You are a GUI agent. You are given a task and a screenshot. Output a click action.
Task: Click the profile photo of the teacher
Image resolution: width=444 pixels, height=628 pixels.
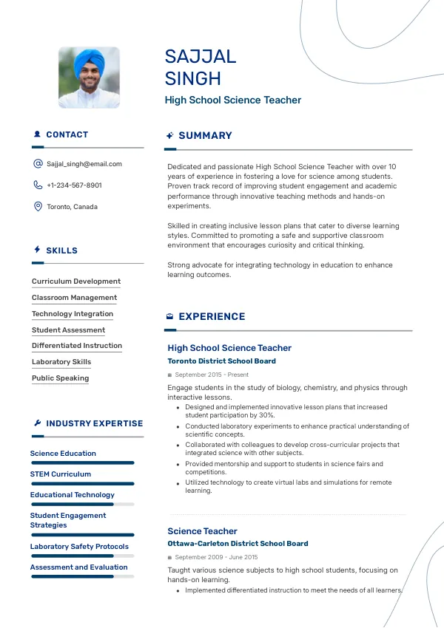coord(89,78)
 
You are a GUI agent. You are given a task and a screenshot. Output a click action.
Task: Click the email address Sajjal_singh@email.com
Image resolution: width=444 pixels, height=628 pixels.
coord(84,164)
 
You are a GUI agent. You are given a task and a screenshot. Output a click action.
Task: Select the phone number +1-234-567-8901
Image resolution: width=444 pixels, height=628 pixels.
coord(74,185)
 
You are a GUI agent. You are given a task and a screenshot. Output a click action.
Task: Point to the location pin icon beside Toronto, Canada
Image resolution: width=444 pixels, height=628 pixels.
coord(38,207)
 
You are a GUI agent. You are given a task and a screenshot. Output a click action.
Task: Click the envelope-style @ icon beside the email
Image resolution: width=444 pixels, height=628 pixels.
coord(38,164)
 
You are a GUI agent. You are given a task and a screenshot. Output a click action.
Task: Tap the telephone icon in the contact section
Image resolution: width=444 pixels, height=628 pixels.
coord(38,185)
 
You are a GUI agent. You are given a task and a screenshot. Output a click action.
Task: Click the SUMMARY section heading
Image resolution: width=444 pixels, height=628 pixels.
coord(205,136)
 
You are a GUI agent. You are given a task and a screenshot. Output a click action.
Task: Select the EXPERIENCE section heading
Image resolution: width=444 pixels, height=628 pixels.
coord(212,317)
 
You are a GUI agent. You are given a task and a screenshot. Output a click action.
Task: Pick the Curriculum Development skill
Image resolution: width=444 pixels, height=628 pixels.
coord(76,281)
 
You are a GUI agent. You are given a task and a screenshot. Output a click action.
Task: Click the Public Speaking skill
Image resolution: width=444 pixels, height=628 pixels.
coord(60,378)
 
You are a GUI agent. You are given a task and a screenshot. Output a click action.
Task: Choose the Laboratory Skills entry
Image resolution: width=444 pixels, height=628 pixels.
coord(61,362)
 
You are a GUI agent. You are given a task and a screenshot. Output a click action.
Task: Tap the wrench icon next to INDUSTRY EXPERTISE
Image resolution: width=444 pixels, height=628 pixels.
coord(37,423)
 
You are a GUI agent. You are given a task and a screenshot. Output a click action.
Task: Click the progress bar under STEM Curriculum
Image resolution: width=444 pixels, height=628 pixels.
coord(82,483)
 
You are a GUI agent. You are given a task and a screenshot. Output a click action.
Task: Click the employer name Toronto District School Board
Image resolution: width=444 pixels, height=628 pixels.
coord(221,361)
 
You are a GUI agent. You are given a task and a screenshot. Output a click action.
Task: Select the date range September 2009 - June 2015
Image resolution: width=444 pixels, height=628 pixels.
coord(216,557)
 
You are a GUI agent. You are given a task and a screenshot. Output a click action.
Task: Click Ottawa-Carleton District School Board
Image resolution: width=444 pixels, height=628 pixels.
coord(238,544)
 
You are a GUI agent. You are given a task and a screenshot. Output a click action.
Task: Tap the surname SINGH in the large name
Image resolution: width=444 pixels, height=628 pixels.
coord(192,78)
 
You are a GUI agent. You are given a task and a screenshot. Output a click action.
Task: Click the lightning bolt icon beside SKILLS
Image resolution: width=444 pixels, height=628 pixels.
coord(37,250)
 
